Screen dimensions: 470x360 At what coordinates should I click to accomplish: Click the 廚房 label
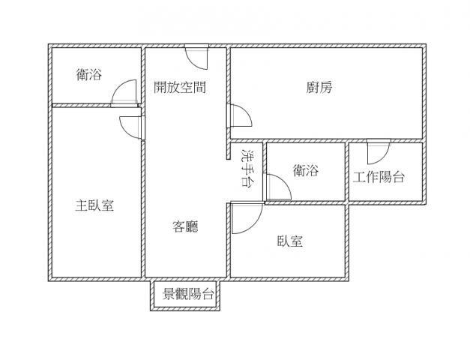tap(319, 87)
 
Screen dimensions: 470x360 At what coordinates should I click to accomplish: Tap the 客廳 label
tap(185, 226)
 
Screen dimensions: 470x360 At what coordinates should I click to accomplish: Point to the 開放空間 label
tap(180, 87)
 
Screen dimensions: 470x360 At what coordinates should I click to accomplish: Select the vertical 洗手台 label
tap(247, 168)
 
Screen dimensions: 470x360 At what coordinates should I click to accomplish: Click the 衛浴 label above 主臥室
tap(89, 74)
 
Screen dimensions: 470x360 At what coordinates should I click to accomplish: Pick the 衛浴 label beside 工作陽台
tap(306, 170)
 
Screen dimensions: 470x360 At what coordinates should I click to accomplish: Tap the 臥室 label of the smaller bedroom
tap(289, 241)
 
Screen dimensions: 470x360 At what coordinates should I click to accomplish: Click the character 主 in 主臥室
tap(81, 205)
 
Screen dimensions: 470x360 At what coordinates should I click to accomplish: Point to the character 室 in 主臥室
tap(108, 205)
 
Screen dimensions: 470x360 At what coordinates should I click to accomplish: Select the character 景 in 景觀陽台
tap(169, 294)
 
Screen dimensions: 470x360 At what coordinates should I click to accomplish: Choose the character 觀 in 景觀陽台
tap(182, 294)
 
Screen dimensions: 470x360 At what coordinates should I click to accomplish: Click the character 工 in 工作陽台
tap(359, 177)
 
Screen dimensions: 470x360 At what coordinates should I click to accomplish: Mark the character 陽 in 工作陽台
tap(385, 177)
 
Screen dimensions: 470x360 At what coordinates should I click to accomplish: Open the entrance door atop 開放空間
tap(196, 57)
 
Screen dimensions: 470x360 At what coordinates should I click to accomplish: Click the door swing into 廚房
tap(239, 115)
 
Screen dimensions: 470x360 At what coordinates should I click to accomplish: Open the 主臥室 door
tap(132, 127)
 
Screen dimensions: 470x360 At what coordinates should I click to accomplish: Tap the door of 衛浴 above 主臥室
tap(124, 93)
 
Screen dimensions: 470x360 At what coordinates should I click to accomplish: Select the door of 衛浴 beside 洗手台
tap(277, 187)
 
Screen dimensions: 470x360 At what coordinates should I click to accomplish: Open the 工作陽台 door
tap(379, 151)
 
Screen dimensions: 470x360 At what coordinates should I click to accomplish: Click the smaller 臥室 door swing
tap(247, 218)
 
